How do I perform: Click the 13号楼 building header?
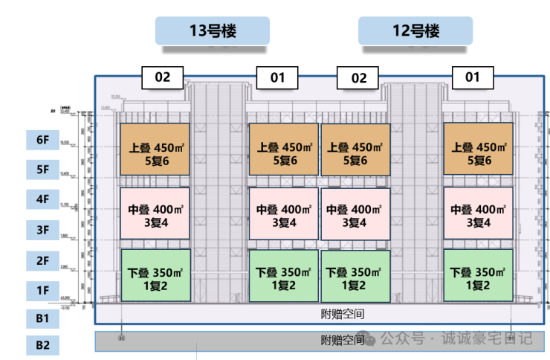pos(212,31)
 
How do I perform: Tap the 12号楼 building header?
pos(415,31)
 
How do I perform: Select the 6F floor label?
pos(42,139)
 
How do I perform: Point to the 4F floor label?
pos(42,199)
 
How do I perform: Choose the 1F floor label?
pos(42,289)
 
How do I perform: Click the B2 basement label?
pos(42,344)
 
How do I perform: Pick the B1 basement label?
pos(42,319)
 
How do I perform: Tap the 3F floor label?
pos(42,229)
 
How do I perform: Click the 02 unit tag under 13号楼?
pos(163,77)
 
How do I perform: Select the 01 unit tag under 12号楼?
pos(473,77)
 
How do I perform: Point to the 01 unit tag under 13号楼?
pos(277,77)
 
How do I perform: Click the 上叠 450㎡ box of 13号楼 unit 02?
pos(155,149)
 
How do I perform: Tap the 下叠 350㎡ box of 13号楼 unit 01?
pos(283,276)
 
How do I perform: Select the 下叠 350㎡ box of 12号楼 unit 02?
pos(355,276)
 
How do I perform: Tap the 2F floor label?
pos(42,260)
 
